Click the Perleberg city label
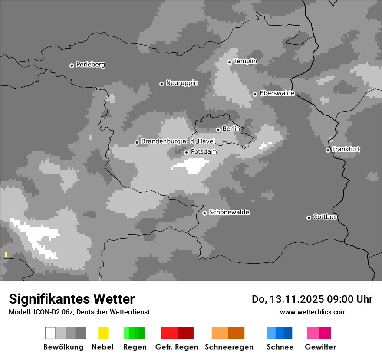[x=90, y=65]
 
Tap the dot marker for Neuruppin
[x=161, y=84]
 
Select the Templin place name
[x=245, y=61]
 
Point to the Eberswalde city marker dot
[x=255, y=94]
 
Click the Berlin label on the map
[x=231, y=128]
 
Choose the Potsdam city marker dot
[x=186, y=152]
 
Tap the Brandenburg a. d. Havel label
[x=178, y=141]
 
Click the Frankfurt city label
[x=346, y=149]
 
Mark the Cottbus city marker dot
[x=309, y=218]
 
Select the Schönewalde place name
[x=229, y=212]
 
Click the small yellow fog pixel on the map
[x=6, y=254]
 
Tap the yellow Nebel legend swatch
[x=103, y=333]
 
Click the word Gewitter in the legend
[x=320, y=347]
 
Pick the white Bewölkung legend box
[x=50, y=333]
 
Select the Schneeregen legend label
[x=229, y=347]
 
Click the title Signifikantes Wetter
[x=72, y=299]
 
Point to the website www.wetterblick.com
[x=313, y=312]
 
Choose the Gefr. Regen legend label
[x=176, y=347]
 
